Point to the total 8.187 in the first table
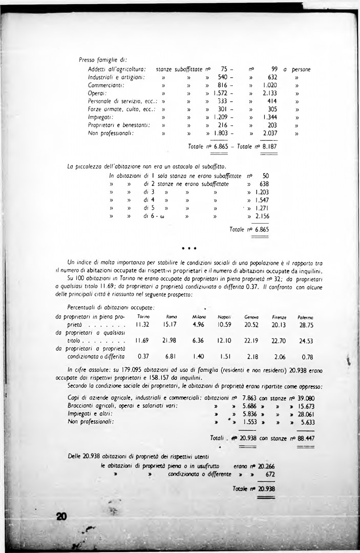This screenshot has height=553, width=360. coord(270,146)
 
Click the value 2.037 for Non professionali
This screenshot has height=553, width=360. coord(270,134)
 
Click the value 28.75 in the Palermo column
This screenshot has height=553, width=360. coord(306,325)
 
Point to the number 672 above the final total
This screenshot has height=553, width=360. coord(270,475)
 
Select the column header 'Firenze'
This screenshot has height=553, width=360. coord(279,317)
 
